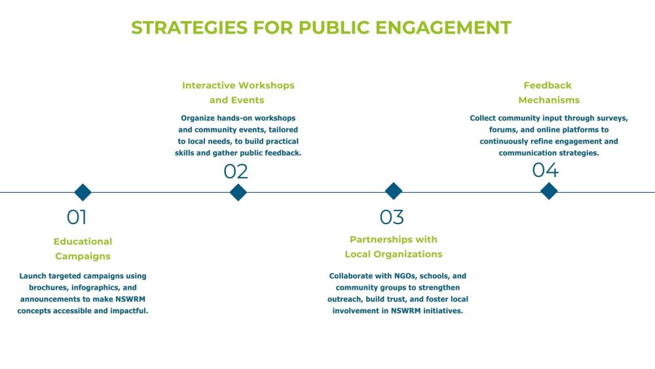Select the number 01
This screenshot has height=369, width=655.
77,217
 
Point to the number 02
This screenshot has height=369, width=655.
236,172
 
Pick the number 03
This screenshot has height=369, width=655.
392,217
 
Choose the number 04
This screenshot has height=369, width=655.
545,170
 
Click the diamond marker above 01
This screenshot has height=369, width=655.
83,192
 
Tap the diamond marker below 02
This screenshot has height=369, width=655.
238,192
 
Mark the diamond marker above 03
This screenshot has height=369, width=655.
393,191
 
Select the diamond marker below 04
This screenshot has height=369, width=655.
549,191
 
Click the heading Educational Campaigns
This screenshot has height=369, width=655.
83,249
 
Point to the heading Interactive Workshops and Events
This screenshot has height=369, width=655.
238,92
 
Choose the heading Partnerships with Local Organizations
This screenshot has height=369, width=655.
394,246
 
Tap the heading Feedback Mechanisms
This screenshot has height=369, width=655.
548,92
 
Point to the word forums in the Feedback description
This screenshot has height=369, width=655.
503,130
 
